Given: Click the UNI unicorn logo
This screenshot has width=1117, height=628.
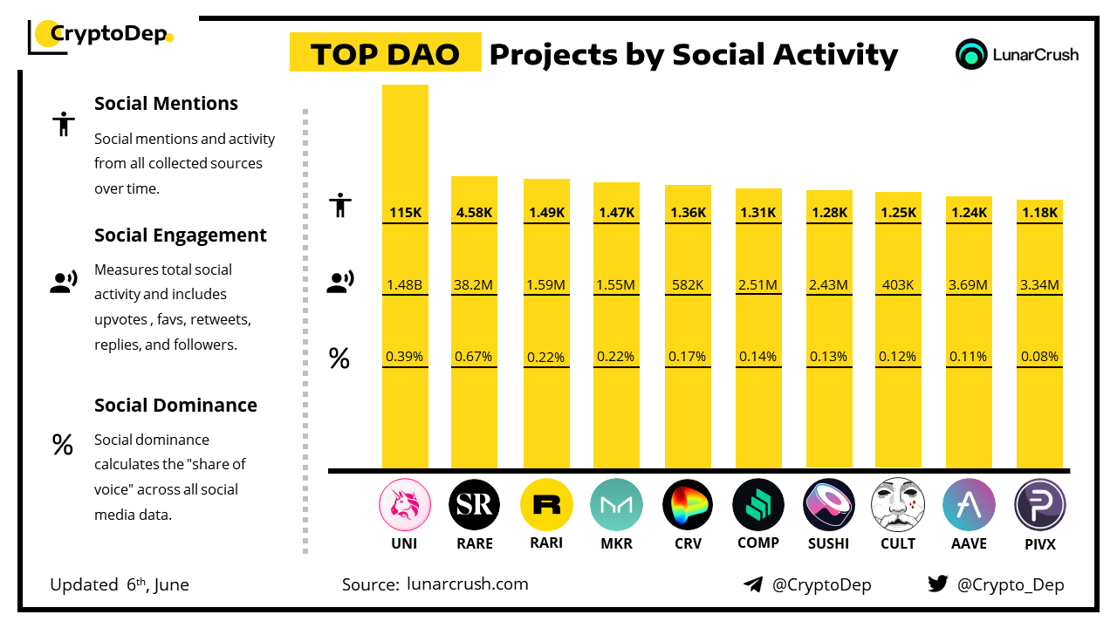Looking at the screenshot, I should click(405, 505).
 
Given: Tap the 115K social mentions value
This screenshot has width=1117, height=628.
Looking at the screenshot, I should click(405, 212).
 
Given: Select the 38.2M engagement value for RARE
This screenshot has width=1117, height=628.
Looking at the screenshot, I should click(474, 283).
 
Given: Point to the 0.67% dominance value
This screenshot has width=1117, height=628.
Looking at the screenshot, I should click(474, 356).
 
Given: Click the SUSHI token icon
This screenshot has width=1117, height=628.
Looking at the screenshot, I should click(828, 505).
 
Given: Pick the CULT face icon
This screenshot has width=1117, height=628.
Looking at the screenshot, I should click(898, 505).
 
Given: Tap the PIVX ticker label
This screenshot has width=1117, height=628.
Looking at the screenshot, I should click(1039, 543).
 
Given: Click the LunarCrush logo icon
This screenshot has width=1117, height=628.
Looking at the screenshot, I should click(971, 54).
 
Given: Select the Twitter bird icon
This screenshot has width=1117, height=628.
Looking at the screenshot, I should click(938, 584).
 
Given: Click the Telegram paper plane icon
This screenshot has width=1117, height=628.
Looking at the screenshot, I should click(753, 584).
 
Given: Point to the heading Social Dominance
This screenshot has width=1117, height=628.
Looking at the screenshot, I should click(175, 405).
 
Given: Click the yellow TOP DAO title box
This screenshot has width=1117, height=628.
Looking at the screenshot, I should click(385, 53).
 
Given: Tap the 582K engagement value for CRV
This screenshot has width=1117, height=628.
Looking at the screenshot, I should click(688, 283).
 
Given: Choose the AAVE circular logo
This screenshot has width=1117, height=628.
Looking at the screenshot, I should click(969, 505).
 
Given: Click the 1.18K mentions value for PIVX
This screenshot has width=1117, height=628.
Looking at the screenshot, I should click(1039, 212).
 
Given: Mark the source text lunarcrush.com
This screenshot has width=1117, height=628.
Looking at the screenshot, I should click(468, 584).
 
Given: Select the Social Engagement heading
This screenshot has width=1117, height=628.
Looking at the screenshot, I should click(181, 235).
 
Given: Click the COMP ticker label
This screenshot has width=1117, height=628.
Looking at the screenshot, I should click(757, 543).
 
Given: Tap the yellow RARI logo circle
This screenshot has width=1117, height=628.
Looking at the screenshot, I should click(546, 505).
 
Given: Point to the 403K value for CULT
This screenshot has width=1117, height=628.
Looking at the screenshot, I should click(898, 283).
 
